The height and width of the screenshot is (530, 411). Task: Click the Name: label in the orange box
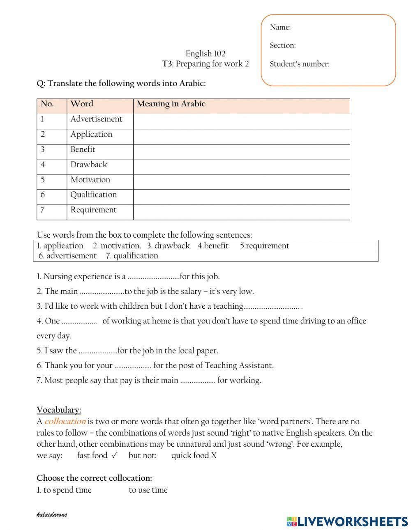pos(280,28)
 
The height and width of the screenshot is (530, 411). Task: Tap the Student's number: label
pos(299,64)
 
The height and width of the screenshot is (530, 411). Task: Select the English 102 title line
pos(205,54)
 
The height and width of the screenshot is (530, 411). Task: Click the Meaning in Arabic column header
pos(171,104)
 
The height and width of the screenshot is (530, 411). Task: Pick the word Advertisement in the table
pos(96,119)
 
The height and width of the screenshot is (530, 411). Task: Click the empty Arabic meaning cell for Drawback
pos(241,165)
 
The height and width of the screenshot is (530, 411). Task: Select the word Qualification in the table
pos(93,195)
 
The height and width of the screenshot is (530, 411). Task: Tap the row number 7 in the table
pos(42,210)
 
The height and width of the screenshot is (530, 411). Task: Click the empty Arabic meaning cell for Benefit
pos(241,150)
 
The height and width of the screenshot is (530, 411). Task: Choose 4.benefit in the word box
pos(213,246)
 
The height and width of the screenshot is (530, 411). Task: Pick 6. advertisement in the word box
pos(67,256)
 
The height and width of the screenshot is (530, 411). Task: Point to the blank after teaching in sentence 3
pos(271,307)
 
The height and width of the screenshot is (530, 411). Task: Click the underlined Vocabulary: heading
pos(59,410)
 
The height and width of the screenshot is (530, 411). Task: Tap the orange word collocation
pos(65,421)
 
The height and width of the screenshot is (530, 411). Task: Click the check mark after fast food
pos(114,455)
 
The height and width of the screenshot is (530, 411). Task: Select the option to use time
pos(148,490)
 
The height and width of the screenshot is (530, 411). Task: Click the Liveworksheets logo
pos(347,521)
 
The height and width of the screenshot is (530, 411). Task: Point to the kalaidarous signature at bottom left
pos(51,514)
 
